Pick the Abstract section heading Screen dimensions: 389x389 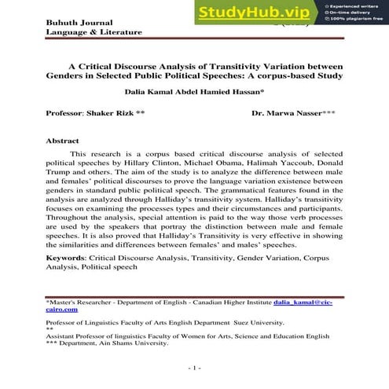click(x=63, y=141)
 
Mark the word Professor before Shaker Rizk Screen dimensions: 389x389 click(x=66, y=114)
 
